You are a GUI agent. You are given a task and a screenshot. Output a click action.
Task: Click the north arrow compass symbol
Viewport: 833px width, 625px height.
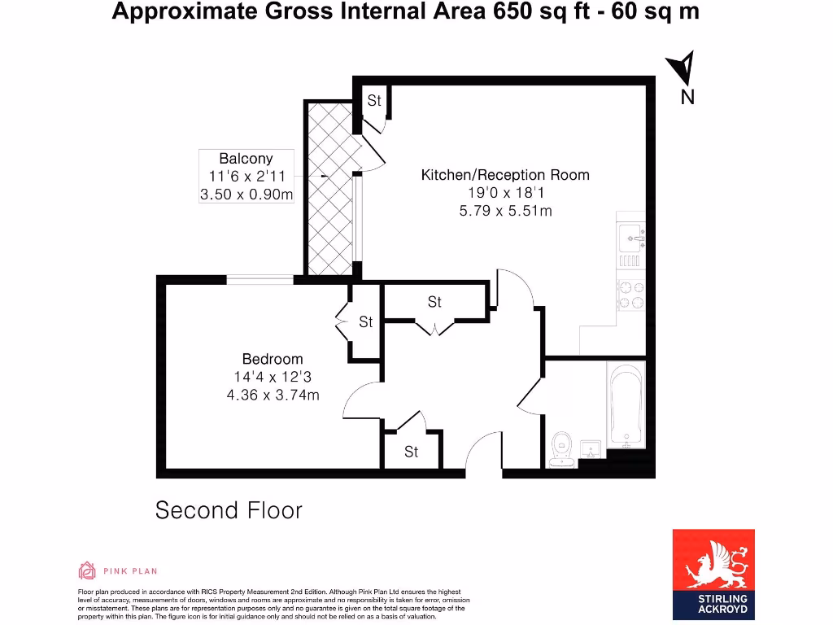tap(684, 68)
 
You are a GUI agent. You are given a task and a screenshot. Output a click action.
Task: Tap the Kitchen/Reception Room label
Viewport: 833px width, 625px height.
tap(504, 175)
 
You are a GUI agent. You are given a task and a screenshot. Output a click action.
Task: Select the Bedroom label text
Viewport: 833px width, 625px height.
tap(273, 359)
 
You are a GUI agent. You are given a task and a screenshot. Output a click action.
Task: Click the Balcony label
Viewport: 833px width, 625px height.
tap(246, 159)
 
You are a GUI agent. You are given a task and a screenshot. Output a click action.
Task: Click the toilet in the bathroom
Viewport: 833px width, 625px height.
tap(560, 446)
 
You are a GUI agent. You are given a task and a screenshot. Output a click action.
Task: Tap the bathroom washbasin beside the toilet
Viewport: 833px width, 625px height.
tap(591, 450)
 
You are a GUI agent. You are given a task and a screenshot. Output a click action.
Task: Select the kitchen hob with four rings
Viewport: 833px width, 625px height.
tap(630, 295)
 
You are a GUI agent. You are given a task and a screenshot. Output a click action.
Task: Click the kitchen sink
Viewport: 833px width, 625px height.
tap(630, 238)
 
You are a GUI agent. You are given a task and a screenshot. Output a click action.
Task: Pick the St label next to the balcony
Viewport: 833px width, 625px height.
tap(374, 101)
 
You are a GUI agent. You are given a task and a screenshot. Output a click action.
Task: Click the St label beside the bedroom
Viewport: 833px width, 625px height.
tap(366, 322)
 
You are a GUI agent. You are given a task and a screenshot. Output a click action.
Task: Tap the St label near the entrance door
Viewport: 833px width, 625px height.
tap(412, 452)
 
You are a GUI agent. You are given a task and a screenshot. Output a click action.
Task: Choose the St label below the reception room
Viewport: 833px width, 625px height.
tap(434, 302)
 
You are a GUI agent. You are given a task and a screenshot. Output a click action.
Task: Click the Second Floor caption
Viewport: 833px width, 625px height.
tap(229, 510)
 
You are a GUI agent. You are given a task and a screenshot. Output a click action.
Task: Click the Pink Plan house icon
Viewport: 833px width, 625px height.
tap(87, 570)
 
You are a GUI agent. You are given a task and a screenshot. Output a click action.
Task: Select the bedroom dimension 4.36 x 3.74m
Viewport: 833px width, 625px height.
tap(273, 395)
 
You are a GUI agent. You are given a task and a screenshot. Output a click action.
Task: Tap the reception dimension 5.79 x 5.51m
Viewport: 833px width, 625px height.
tap(504, 211)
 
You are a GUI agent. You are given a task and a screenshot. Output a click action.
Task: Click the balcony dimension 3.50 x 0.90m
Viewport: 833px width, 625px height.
tap(246, 194)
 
